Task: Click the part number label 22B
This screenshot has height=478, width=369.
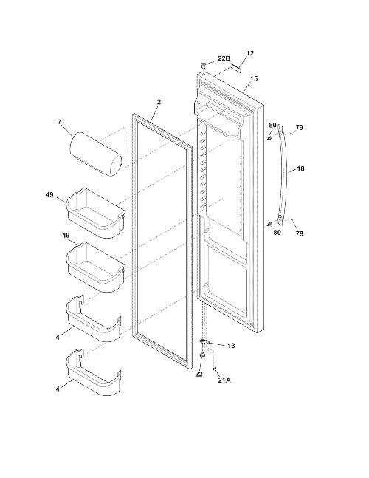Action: pyautogui.click(x=224, y=58)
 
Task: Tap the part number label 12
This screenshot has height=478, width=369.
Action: pyautogui.click(x=249, y=53)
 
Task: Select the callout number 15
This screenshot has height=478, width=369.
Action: pyautogui.click(x=254, y=78)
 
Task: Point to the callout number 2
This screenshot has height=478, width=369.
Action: pyautogui.click(x=159, y=102)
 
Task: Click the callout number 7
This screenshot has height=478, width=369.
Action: pyautogui.click(x=59, y=122)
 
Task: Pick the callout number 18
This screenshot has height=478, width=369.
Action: pyautogui.click(x=300, y=168)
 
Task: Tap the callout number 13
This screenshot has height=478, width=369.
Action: pyautogui.click(x=231, y=346)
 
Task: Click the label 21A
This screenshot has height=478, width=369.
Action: pyautogui.click(x=224, y=380)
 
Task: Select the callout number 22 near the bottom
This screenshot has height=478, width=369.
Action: pyautogui.click(x=199, y=374)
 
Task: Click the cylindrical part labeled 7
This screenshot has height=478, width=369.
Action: pyautogui.click(x=96, y=154)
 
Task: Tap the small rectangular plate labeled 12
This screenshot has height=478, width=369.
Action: pyautogui.click(x=235, y=67)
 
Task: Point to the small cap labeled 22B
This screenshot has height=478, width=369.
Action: pyautogui.click(x=203, y=64)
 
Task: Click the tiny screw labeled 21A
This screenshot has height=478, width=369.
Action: pyautogui.click(x=214, y=369)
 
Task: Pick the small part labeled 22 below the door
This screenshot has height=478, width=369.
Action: pyautogui.click(x=202, y=355)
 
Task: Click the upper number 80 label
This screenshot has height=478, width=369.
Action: pyautogui.click(x=272, y=126)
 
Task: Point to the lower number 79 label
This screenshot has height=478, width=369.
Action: pyautogui.click(x=300, y=233)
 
